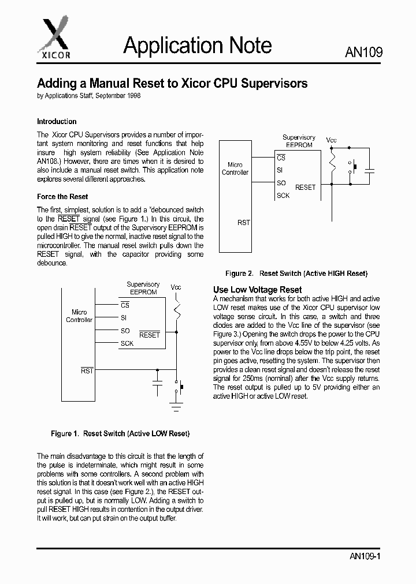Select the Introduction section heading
click(x=57, y=122)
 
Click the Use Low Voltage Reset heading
click(x=257, y=290)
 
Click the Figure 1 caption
click(x=120, y=433)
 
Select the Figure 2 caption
click(x=296, y=274)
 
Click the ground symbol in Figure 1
click(x=177, y=406)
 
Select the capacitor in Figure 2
click(x=370, y=170)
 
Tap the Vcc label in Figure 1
click(x=176, y=287)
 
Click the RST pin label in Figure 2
click(x=243, y=223)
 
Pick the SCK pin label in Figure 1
click(x=127, y=343)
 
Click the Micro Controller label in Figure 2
click(x=235, y=169)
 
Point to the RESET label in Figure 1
click(x=150, y=335)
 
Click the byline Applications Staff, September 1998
click(x=88, y=96)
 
